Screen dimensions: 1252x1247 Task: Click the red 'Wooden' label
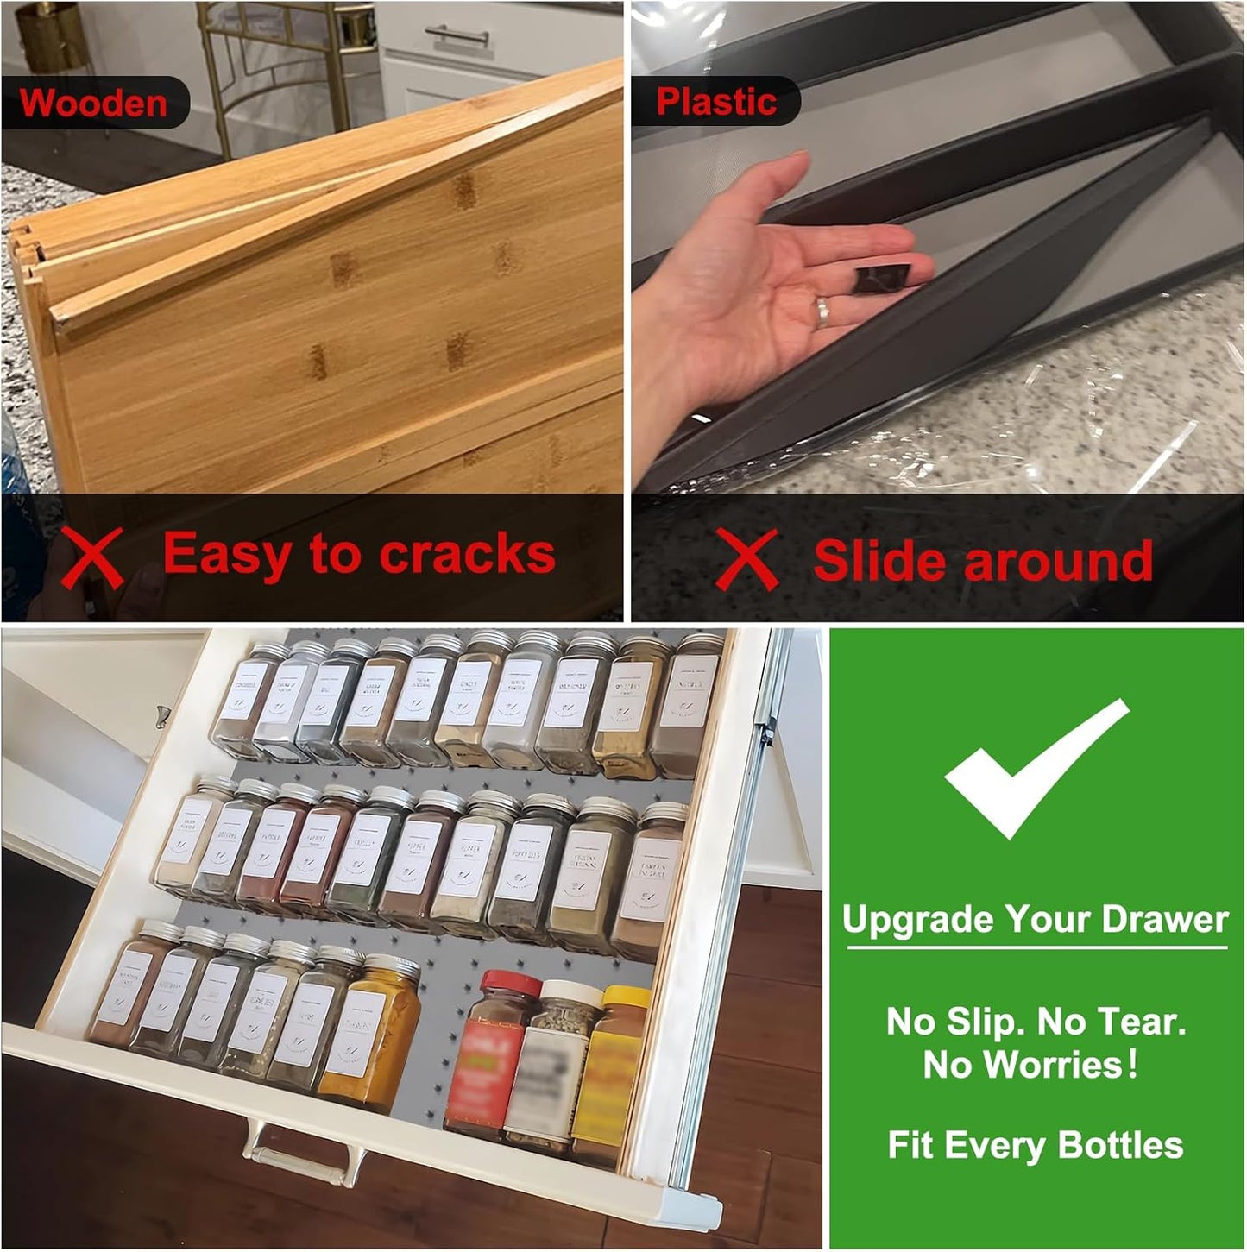pos(93,103)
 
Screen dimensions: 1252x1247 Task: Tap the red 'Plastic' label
pos(716,102)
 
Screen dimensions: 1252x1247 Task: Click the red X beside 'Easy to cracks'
pos(92,557)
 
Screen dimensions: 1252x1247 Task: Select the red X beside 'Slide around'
pos(746,559)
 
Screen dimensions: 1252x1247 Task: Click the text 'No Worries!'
pos(1031,1065)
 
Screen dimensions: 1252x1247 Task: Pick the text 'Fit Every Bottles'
pos(1035,1146)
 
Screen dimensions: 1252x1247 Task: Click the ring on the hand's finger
pos(822,311)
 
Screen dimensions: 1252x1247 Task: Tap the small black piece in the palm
pos(883,280)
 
